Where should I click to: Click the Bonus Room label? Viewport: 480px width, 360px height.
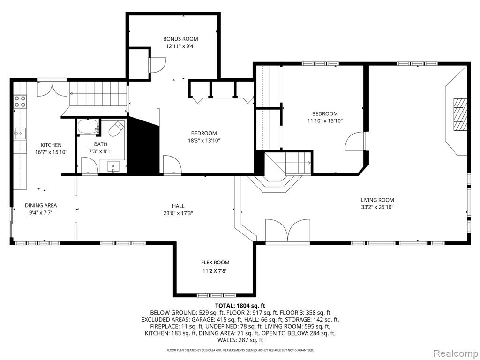coord(180,39)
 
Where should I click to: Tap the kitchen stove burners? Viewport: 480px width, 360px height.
coord(20,101)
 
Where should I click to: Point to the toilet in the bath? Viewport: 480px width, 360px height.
coord(117,129)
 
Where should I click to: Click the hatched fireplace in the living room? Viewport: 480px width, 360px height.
coord(460,114)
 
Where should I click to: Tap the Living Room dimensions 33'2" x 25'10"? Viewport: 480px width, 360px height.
coord(377,207)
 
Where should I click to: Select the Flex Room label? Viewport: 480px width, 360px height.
coord(215,262)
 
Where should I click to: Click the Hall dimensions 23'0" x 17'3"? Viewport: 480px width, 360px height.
coord(178,213)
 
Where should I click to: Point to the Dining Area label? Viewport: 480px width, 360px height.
coord(41,205)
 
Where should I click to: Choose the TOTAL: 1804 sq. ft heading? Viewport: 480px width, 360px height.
coord(240,306)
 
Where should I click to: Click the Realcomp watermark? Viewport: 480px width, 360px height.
coord(456,353)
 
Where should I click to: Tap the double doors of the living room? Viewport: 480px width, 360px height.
coord(288,231)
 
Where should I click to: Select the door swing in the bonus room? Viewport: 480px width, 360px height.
coord(157,65)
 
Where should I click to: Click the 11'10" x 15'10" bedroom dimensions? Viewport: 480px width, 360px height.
coord(325,121)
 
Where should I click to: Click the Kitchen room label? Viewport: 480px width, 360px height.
coord(51,145)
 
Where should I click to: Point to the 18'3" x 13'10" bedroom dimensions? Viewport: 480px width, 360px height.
coord(204,141)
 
